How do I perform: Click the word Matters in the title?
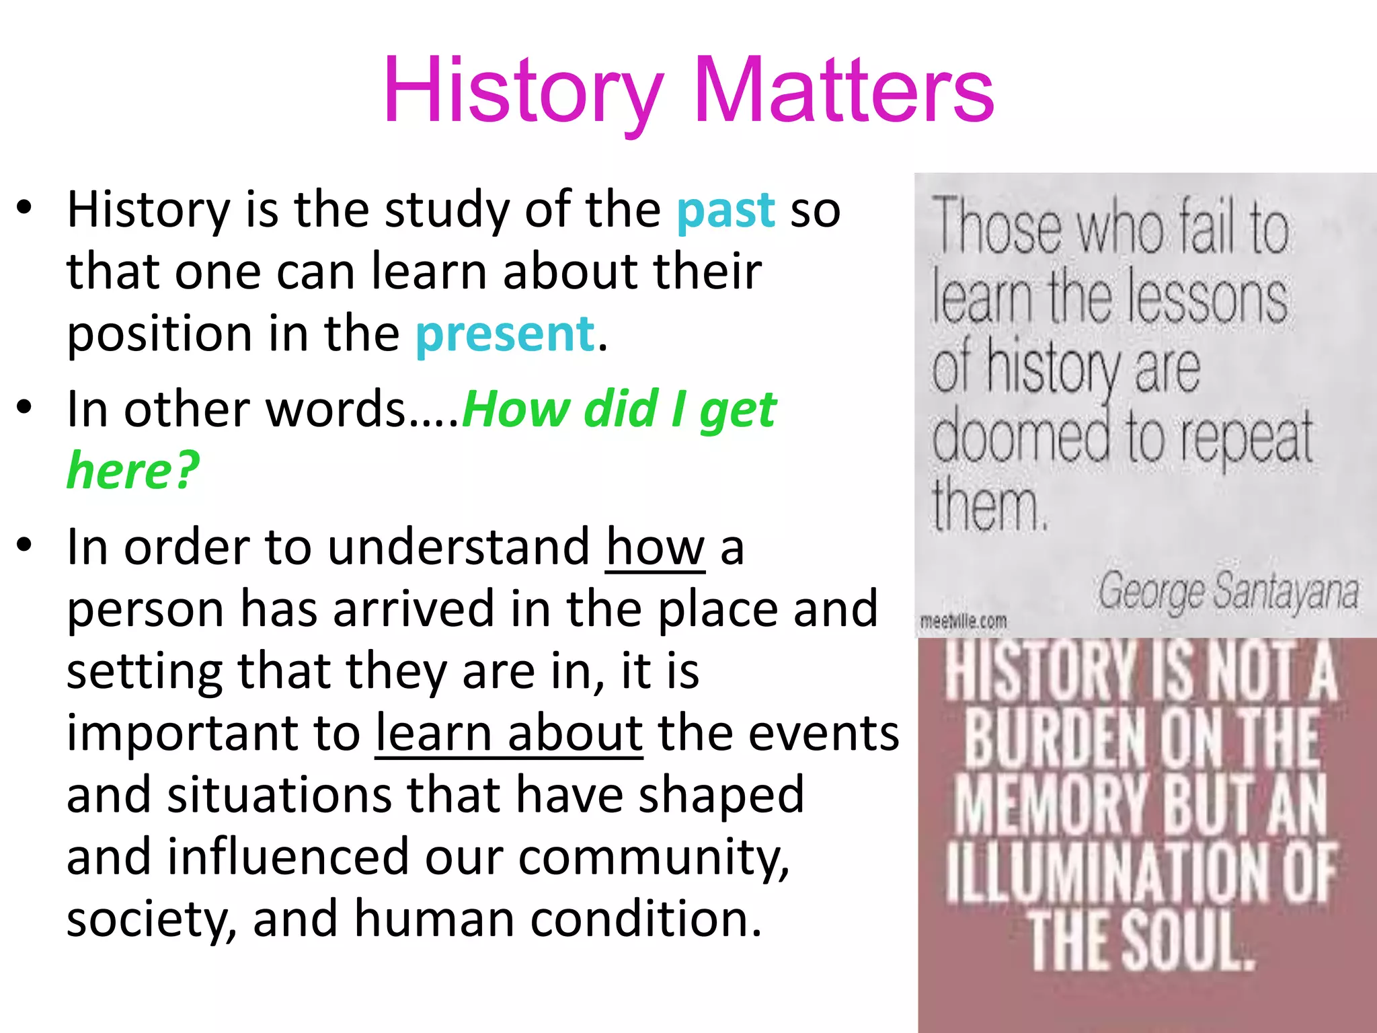pos(844,91)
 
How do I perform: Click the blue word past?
pos(725,210)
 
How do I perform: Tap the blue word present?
pos(505,334)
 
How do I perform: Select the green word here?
pos(133,470)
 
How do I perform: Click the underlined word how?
pos(655,547)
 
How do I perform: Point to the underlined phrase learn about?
pos(509,733)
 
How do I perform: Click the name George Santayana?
pos(1228,592)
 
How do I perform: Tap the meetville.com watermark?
pos(963,621)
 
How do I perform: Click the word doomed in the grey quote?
pos(1021,437)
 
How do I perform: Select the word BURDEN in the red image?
pos(1054,738)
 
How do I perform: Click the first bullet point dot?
pos(25,208)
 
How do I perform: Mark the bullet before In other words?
pos(25,408)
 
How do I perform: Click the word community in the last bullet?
pos(653,857)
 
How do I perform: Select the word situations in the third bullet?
pos(279,795)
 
